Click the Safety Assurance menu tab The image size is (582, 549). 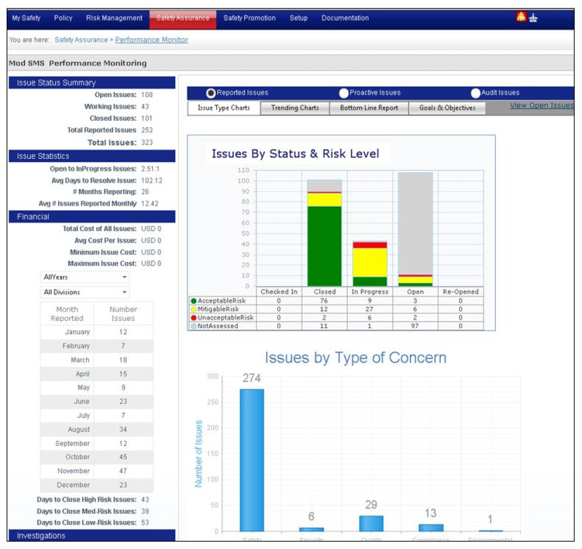182,18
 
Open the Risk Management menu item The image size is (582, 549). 114,18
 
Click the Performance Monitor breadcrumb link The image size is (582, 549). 152,40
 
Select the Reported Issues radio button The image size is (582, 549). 211,93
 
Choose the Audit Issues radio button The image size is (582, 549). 475,93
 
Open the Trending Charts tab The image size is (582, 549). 295,108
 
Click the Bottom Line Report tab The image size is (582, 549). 369,108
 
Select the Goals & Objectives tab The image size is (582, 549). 447,108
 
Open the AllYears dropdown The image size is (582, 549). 85,277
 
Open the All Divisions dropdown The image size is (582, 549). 85,292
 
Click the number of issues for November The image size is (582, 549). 123,471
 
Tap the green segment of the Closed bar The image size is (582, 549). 324,246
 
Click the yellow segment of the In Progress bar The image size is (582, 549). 370,262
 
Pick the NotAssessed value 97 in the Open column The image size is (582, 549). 415,326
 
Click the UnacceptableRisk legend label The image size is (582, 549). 225,317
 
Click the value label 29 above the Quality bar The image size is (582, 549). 371,505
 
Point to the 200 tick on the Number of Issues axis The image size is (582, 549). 212,428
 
